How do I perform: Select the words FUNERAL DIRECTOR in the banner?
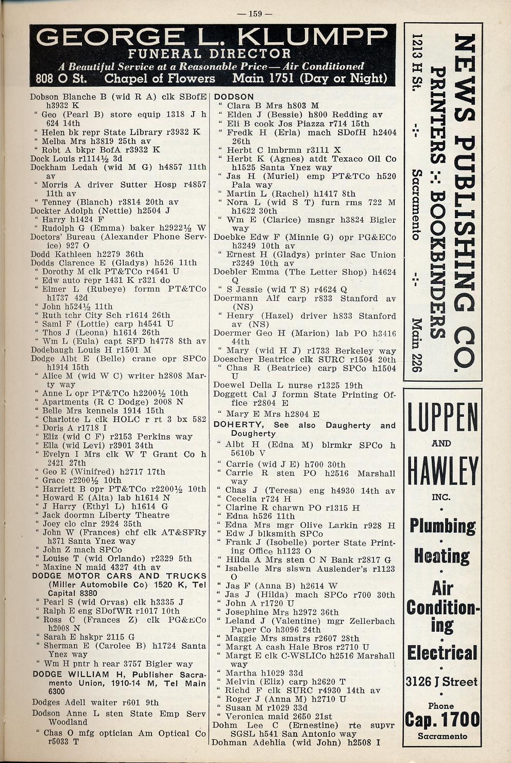click(x=210, y=54)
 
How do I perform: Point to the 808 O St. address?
click(x=61, y=78)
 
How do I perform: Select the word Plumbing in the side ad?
click(x=442, y=526)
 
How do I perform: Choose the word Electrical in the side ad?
click(x=442, y=653)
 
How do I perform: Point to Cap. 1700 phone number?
click(x=442, y=719)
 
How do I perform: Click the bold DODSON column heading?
click(x=234, y=97)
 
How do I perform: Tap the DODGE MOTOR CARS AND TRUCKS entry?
click(x=120, y=576)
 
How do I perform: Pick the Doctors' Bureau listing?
click(x=61, y=237)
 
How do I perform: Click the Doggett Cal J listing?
click(x=244, y=395)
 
